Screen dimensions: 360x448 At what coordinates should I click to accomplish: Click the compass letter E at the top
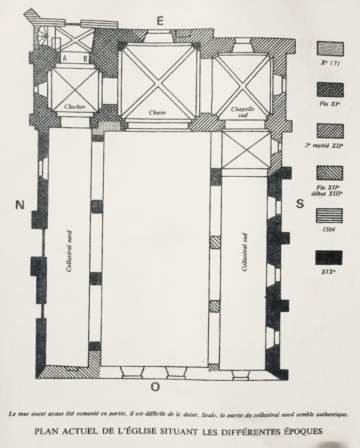160,21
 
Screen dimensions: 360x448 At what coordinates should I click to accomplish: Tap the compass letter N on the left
19,205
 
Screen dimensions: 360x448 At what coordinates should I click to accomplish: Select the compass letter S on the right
300,204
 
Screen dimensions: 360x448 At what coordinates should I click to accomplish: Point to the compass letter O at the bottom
155,387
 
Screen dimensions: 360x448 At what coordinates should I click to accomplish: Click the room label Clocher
74,107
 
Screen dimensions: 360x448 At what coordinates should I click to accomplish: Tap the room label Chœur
157,112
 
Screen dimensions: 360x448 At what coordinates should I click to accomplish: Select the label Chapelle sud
243,112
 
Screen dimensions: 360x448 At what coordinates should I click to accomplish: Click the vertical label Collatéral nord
69,251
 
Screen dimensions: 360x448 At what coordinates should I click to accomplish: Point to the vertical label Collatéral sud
244,252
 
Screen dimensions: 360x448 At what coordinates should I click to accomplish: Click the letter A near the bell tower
65,58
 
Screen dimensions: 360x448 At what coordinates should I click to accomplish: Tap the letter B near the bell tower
85,59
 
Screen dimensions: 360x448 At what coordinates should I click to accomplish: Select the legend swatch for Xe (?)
330,49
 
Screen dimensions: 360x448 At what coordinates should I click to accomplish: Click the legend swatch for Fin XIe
330,90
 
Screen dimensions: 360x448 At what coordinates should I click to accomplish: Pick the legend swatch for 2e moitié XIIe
330,131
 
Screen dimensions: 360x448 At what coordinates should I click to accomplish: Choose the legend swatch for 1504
329,215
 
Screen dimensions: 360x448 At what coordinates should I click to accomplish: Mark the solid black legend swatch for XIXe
329,258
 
